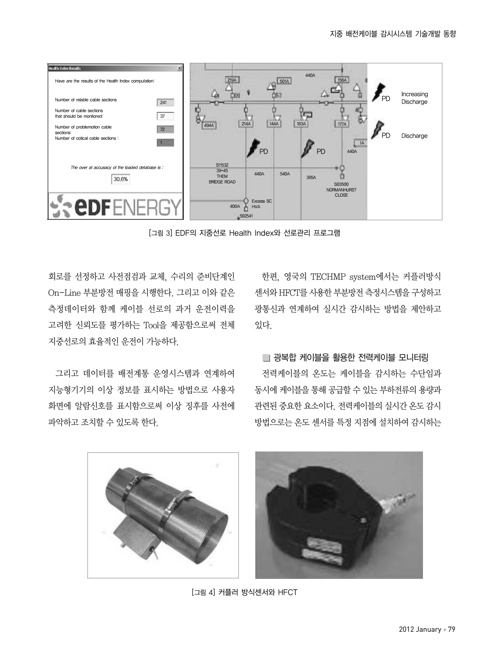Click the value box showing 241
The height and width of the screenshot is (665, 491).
click(165, 103)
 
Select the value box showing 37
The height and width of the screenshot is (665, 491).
click(165, 117)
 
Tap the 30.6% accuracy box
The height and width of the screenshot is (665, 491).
click(120, 179)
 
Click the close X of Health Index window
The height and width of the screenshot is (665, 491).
click(179, 69)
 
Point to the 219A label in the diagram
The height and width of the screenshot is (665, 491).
click(232, 80)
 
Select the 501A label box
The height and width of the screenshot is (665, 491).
click(284, 81)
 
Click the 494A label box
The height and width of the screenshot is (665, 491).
click(208, 125)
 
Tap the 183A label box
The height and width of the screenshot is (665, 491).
click(301, 124)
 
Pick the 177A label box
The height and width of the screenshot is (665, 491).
click(342, 124)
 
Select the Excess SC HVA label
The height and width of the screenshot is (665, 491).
click(261, 204)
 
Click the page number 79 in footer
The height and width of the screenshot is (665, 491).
click(451, 629)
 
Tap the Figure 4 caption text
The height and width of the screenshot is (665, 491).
click(244, 592)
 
